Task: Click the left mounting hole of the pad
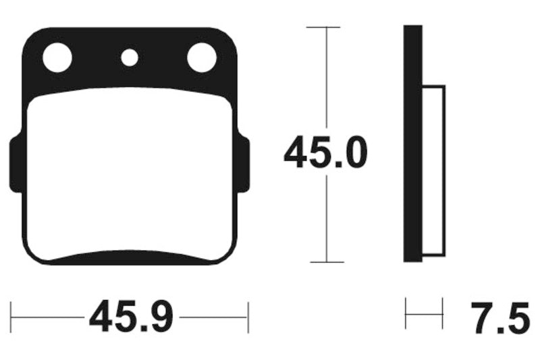coord(57,57)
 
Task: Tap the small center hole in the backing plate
coord(129,57)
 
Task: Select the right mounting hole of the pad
coord(201,57)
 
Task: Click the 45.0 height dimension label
coord(325,154)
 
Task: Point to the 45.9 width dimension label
coord(131,316)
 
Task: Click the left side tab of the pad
coord(15,163)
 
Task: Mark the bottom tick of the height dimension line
coord(325,261)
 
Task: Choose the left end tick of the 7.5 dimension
coord(406,313)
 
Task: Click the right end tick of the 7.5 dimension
coord(443,313)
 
